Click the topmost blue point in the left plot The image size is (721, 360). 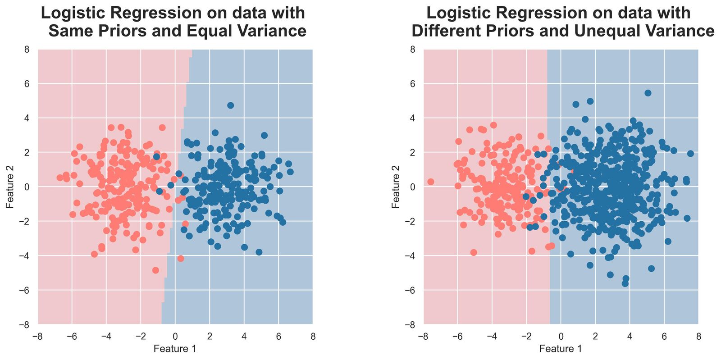[x=230, y=105]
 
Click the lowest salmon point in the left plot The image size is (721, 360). [x=155, y=270]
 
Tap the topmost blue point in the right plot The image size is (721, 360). [x=648, y=93]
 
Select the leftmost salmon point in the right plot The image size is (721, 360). [x=430, y=182]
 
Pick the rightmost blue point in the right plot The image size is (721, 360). [x=690, y=154]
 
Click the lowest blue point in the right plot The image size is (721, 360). [x=625, y=283]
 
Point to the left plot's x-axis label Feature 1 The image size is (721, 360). [x=175, y=348]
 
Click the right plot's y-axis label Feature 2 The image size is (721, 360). [x=396, y=187]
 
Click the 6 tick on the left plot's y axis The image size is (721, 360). [x=27, y=84]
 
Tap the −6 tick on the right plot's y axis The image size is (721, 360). [x=411, y=290]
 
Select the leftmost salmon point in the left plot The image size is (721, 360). [x=60, y=178]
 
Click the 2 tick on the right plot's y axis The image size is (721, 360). [x=412, y=152]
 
